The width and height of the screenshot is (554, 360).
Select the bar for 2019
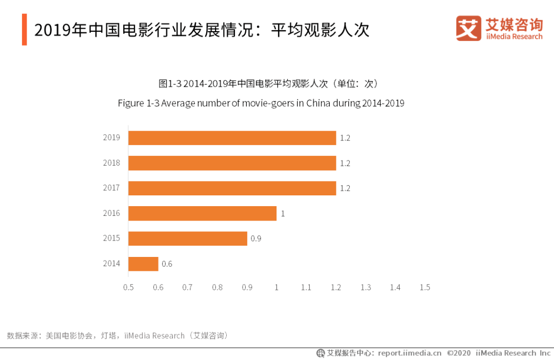(x=232, y=138)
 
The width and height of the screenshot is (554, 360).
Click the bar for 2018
(x=232, y=163)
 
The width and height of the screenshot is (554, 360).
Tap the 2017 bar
(x=232, y=188)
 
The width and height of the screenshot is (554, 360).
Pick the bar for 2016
(x=202, y=213)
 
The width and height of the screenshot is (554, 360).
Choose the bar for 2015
(x=187, y=238)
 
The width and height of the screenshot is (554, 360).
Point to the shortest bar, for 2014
(x=143, y=264)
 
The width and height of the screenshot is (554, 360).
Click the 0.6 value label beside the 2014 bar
(x=167, y=264)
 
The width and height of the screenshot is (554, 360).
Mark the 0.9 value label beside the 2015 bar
(x=255, y=238)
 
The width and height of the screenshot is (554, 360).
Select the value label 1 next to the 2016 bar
(x=283, y=213)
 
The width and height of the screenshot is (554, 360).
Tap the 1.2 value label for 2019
(x=345, y=138)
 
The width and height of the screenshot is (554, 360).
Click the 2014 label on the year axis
(x=111, y=264)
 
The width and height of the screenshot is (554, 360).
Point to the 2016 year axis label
(x=111, y=213)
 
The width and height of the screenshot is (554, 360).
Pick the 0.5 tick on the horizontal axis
(x=128, y=287)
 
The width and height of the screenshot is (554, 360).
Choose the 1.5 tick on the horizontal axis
(x=425, y=287)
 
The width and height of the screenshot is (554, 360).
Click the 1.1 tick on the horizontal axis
(x=306, y=287)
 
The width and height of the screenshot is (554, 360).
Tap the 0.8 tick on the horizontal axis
(x=217, y=287)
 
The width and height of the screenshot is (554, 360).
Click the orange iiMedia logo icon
(x=468, y=28)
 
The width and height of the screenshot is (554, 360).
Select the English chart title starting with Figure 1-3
(x=261, y=103)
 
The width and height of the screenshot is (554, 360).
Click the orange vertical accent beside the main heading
(x=25, y=30)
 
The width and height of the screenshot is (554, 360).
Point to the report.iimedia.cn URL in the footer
(x=409, y=353)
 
